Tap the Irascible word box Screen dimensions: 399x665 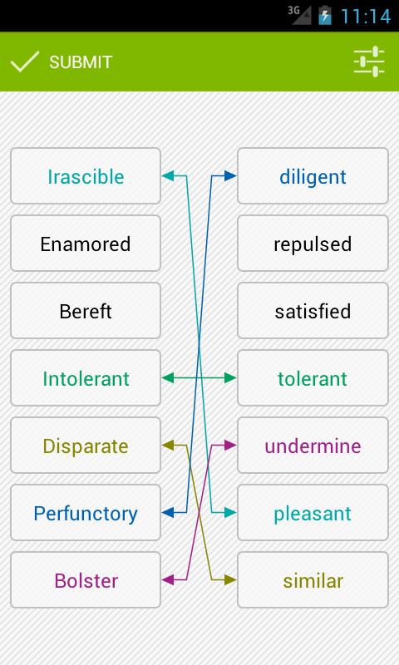[86, 176]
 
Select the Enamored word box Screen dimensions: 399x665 [86, 244]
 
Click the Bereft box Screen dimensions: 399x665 [86, 311]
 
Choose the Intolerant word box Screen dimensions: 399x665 [86, 378]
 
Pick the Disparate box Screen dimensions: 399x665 [86, 446]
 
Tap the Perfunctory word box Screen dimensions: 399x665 [86, 513]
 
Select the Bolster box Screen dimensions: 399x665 [86, 580]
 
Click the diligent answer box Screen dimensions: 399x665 [313, 176]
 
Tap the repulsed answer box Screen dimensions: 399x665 [313, 244]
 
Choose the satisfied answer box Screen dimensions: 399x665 [313, 311]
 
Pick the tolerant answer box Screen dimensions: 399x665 [313, 378]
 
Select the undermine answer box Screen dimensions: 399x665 [313, 446]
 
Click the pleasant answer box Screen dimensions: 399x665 [313, 513]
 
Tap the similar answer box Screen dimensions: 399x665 [313, 580]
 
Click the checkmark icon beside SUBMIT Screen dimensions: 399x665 [25, 62]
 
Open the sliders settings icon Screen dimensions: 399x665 [369, 62]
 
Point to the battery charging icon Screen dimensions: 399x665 [325, 15]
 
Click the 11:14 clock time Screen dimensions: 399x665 [366, 16]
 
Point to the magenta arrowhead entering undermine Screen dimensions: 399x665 [230, 445]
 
